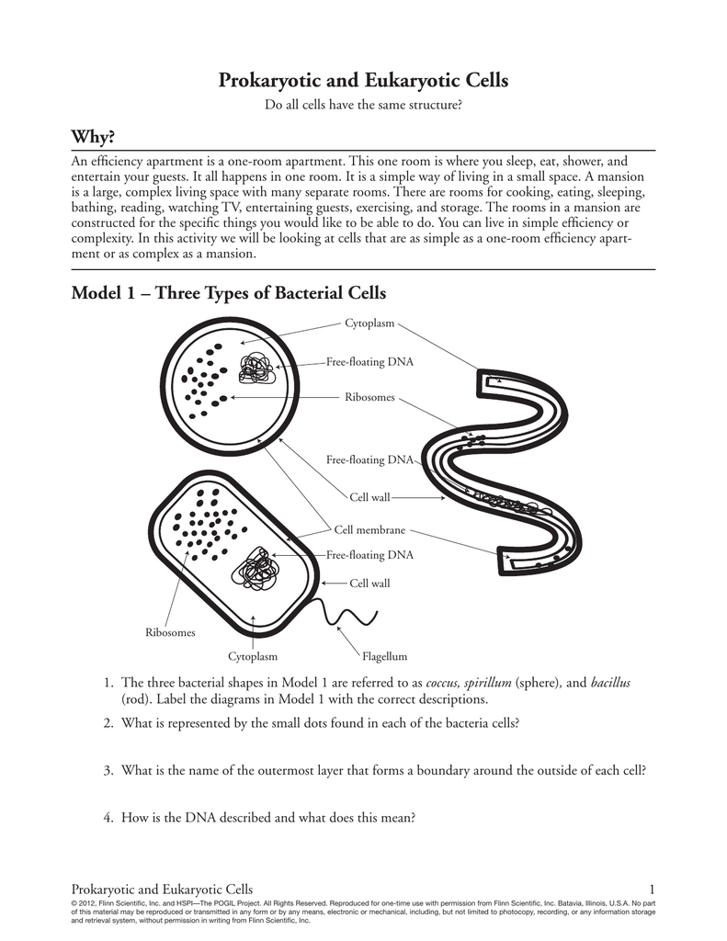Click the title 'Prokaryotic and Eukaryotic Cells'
363,81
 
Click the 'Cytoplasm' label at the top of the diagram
369,323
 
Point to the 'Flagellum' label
384,657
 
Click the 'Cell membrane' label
369,530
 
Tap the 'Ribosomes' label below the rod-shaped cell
171,632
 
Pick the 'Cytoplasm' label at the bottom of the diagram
253,657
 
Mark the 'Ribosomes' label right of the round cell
369,397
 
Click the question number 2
108,722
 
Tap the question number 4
108,814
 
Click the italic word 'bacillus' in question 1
610,683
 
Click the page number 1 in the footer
651,889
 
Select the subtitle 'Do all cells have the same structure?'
363,106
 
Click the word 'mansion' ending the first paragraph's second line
622,176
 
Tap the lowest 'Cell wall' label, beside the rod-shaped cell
369,583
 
